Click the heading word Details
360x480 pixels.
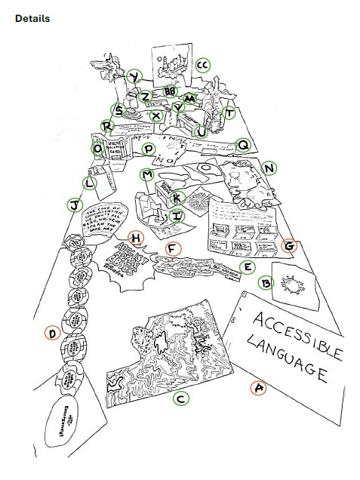[x=32, y=18]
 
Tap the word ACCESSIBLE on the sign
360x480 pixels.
[x=294, y=333]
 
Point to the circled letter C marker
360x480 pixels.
[x=181, y=398]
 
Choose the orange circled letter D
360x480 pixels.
[x=51, y=333]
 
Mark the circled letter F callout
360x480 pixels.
[x=172, y=248]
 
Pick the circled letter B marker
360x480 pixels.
[x=265, y=284]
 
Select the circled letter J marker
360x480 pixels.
[x=74, y=205]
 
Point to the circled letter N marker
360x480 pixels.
[x=269, y=168]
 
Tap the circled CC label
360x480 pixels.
[x=202, y=66]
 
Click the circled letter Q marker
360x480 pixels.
[x=243, y=144]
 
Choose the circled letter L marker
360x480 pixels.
[x=90, y=182]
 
